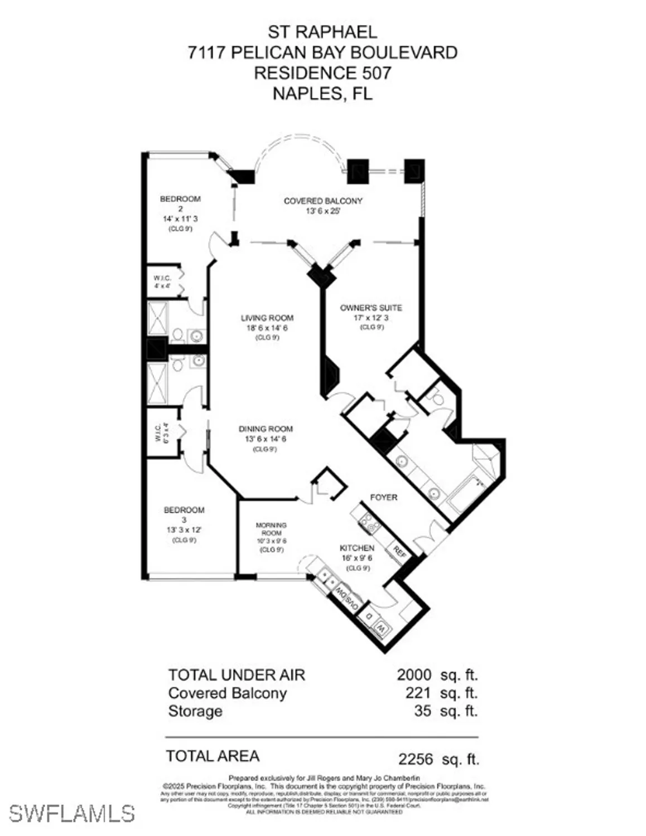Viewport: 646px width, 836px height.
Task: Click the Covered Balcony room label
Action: click(x=323, y=201)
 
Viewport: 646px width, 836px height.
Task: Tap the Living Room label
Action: click(x=267, y=318)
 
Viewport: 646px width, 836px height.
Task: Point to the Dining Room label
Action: click(x=266, y=429)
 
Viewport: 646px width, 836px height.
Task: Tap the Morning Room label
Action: click(x=271, y=529)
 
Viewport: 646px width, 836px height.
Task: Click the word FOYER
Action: click(x=384, y=497)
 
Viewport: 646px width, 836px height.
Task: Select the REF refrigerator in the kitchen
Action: click(x=399, y=551)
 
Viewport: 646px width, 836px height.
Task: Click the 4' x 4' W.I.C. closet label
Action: click(x=162, y=282)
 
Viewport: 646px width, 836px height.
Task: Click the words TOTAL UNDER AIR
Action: click(x=237, y=675)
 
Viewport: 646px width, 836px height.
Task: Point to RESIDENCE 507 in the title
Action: click(x=322, y=73)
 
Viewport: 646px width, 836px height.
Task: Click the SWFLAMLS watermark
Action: click(x=71, y=813)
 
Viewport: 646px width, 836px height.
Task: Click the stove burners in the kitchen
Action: click(x=369, y=522)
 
